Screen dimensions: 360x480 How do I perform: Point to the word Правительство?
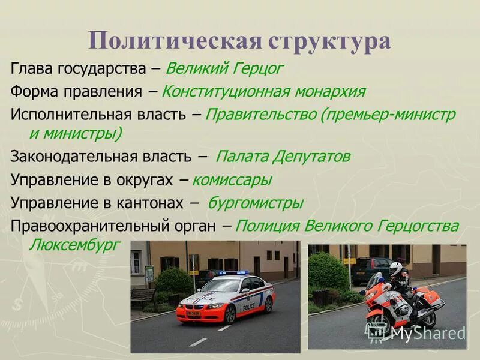pos(261,115)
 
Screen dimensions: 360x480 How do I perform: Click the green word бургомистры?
pos(255,203)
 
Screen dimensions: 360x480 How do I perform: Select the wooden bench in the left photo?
pos(143,297)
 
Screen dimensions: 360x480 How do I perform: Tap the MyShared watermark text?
pos(427,333)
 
